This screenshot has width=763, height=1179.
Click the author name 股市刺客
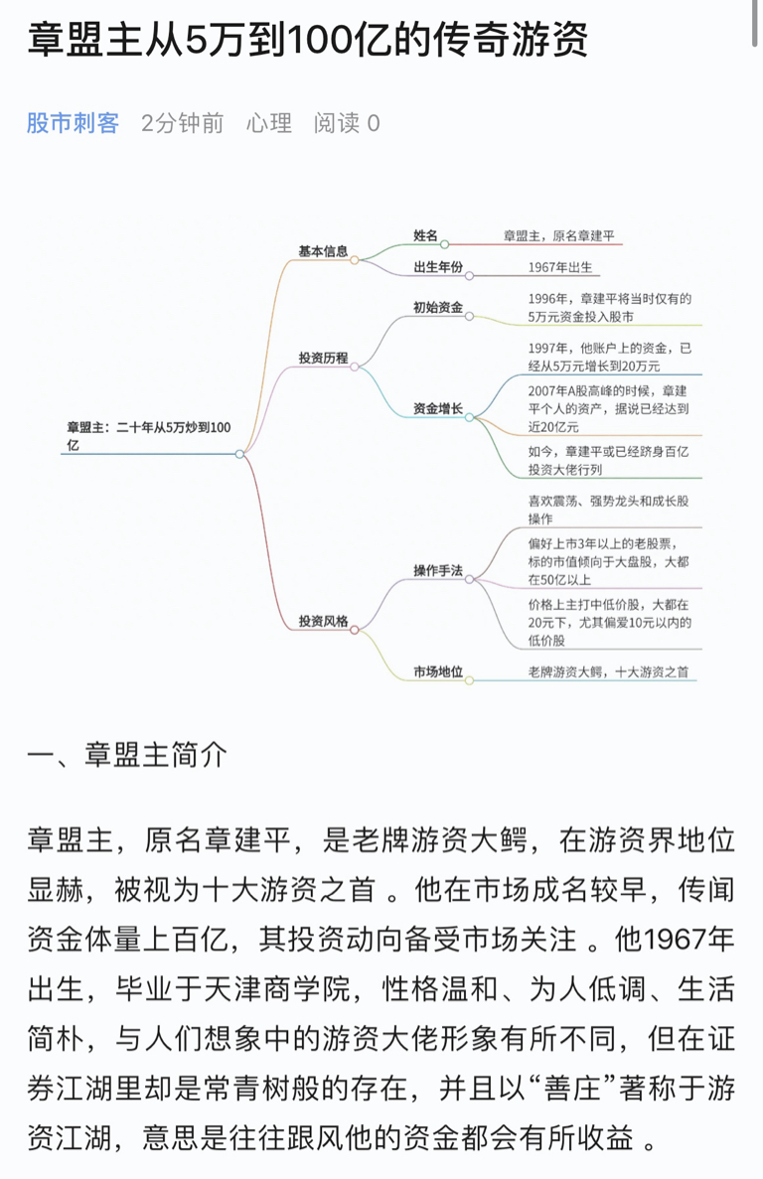[x=73, y=122]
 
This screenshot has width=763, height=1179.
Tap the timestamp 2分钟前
[x=183, y=122]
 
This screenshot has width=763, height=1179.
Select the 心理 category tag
[x=269, y=122]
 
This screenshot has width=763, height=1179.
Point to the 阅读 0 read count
[x=347, y=122]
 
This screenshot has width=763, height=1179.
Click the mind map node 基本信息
[x=323, y=251]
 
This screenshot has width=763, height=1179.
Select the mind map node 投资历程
[x=323, y=358]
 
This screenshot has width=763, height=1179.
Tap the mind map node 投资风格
[x=323, y=621]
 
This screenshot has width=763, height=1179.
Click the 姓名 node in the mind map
[x=425, y=235]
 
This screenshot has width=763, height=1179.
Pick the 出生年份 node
[x=438, y=267]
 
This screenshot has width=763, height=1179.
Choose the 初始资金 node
[x=438, y=307]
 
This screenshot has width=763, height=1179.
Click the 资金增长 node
[x=438, y=408]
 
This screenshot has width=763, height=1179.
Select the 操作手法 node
[x=438, y=571]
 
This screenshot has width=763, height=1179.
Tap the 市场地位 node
[x=438, y=671]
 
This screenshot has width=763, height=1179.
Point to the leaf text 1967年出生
[x=560, y=267]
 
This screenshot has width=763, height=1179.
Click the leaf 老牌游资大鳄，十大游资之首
[x=608, y=671]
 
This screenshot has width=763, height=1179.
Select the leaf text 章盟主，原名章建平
[x=559, y=235]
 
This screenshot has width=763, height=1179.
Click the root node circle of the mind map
[x=239, y=454]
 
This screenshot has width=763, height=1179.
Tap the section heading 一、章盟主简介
[x=127, y=755]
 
